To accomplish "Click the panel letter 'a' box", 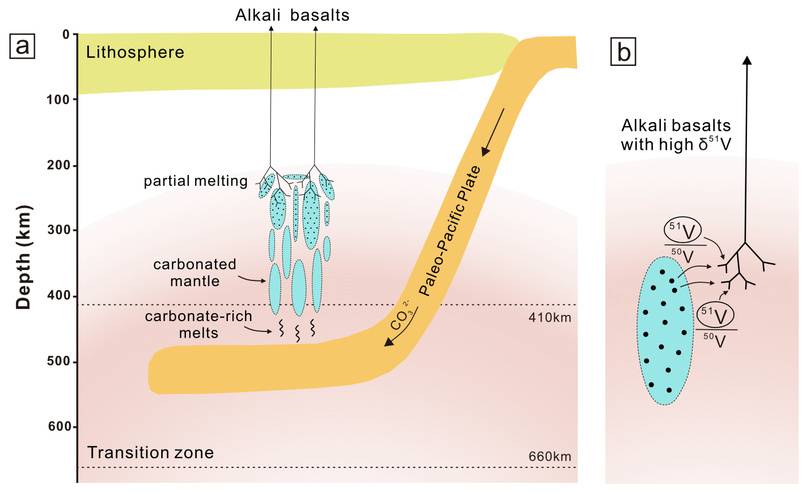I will [x=22, y=46].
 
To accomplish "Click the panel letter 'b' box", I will [x=624, y=52].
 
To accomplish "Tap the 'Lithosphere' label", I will [x=135, y=53].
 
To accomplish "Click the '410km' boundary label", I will [x=550, y=317].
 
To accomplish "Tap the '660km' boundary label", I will [x=550, y=456].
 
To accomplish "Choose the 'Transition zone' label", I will [x=150, y=453].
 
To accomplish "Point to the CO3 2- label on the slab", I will [x=400, y=315].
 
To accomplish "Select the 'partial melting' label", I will [x=195, y=181].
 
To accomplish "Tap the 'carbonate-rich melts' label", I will [x=198, y=325].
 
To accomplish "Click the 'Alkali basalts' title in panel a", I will [x=292, y=15].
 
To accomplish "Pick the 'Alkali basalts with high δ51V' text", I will [x=676, y=135].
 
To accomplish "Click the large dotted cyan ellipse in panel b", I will [x=664, y=331].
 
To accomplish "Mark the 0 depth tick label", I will [x=66, y=34].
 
